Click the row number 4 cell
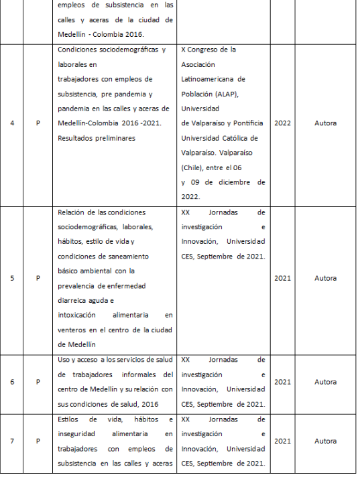pos(13,123)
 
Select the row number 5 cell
pos(13,278)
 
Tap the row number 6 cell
pos(13,382)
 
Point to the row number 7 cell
pos(13,441)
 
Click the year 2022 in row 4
pos(282,123)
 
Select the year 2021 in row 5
pos(282,278)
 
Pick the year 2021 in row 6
pos(282,382)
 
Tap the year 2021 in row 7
pos(282,441)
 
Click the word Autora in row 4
pos(325,123)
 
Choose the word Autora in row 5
pos(325,278)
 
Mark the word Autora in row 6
pos(325,382)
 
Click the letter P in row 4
pos(38,123)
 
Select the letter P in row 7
pos(38,441)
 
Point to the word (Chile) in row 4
pos(194,167)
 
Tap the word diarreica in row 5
pos(76,301)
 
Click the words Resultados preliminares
pos(96,138)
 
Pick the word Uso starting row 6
pos(65,360)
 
